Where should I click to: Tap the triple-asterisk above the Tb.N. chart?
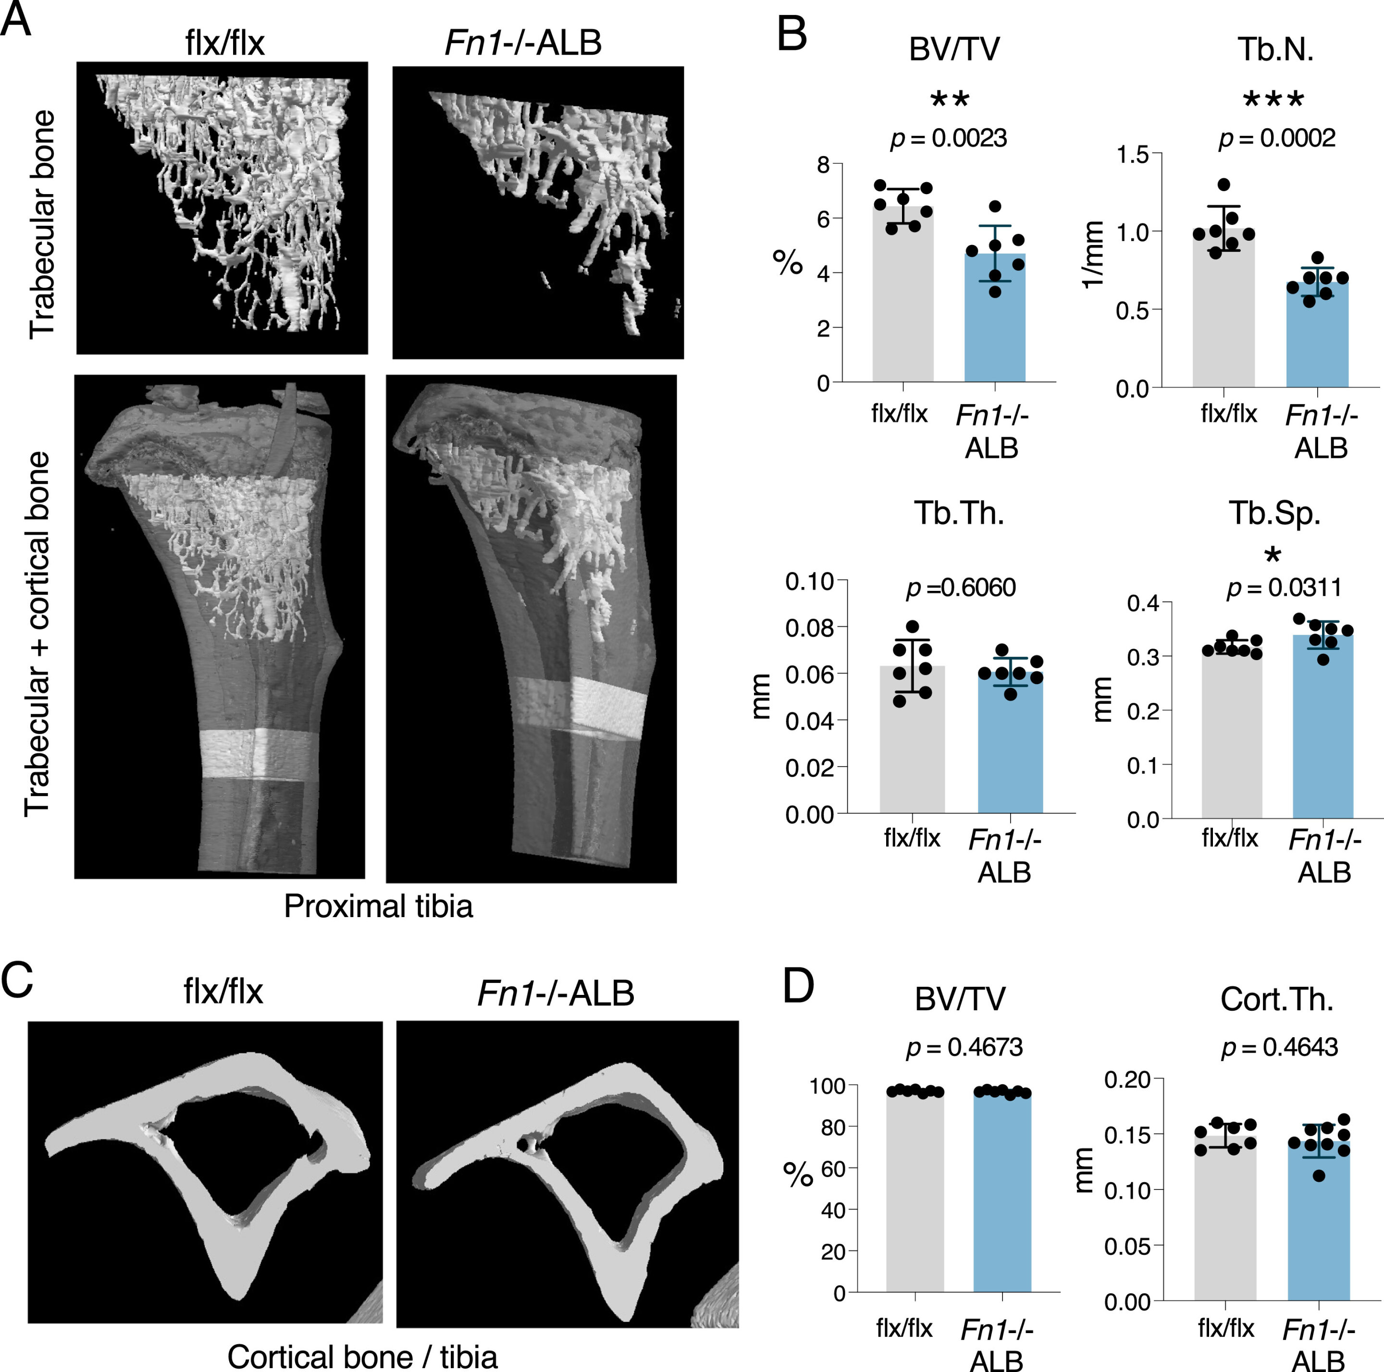(1273, 99)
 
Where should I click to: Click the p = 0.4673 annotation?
(964, 1047)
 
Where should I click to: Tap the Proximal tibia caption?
(378, 906)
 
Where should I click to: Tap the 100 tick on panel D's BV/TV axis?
(828, 1086)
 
